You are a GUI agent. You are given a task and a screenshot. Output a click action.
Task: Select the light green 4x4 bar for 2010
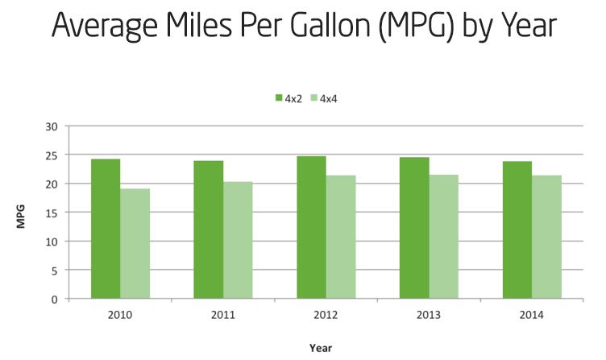coord(135,243)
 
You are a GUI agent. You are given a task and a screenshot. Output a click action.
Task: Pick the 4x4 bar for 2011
coord(238,240)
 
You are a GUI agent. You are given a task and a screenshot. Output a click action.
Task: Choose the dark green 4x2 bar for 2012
coord(311,227)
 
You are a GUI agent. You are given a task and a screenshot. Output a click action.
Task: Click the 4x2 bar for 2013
coord(414,228)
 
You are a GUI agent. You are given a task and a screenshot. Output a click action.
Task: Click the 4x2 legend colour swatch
coord(278,98)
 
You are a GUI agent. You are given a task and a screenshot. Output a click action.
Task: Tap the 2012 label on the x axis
coord(326,314)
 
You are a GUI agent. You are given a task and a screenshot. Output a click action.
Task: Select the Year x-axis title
coord(321,348)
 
